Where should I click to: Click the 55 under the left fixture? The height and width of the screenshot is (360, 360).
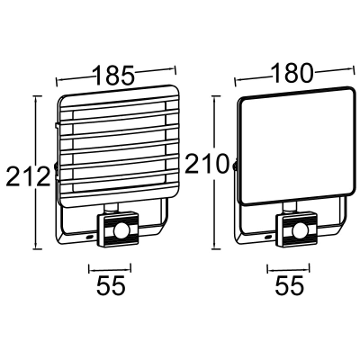pyautogui.click(x=109, y=286)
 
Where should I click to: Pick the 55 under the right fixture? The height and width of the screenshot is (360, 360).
pyautogui.click(x=288, y=286)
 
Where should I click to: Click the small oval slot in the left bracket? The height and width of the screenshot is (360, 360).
pyautogui.click(x=90, y=236)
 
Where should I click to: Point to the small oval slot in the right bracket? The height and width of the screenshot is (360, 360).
pyautogui.click(x=269, y=236)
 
